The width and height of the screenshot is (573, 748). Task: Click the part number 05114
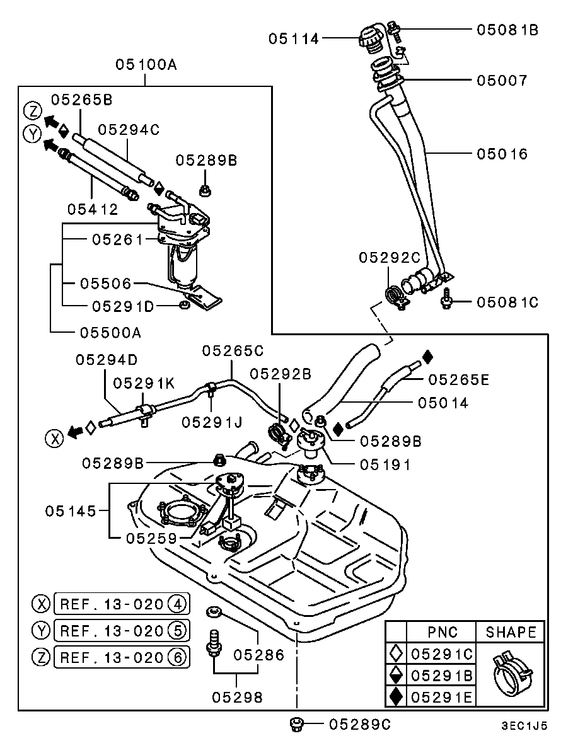point(294,39)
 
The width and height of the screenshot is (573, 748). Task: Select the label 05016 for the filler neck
point(502,154)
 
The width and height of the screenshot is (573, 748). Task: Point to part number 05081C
point(507,302)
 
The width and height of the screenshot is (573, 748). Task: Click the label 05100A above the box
point(146,64)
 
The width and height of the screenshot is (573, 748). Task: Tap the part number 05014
point(443,403)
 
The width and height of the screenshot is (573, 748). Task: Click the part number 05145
point(70,510)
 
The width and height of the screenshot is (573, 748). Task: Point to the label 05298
point(237,697)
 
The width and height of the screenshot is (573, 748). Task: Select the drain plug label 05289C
point(359,725)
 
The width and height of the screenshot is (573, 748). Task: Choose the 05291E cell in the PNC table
point(442,696)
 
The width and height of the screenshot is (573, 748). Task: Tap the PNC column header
point(442,631)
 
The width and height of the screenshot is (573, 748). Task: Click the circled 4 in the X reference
point(178,604)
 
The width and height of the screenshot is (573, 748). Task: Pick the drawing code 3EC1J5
point(524,725)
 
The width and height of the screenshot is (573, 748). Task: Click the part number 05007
point(502,81)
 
